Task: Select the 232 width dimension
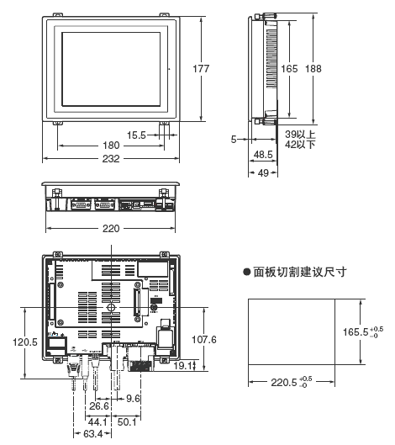(x=110, y=158)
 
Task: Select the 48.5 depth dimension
(x=263, y=156)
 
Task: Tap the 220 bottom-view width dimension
(x=110, y=228)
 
